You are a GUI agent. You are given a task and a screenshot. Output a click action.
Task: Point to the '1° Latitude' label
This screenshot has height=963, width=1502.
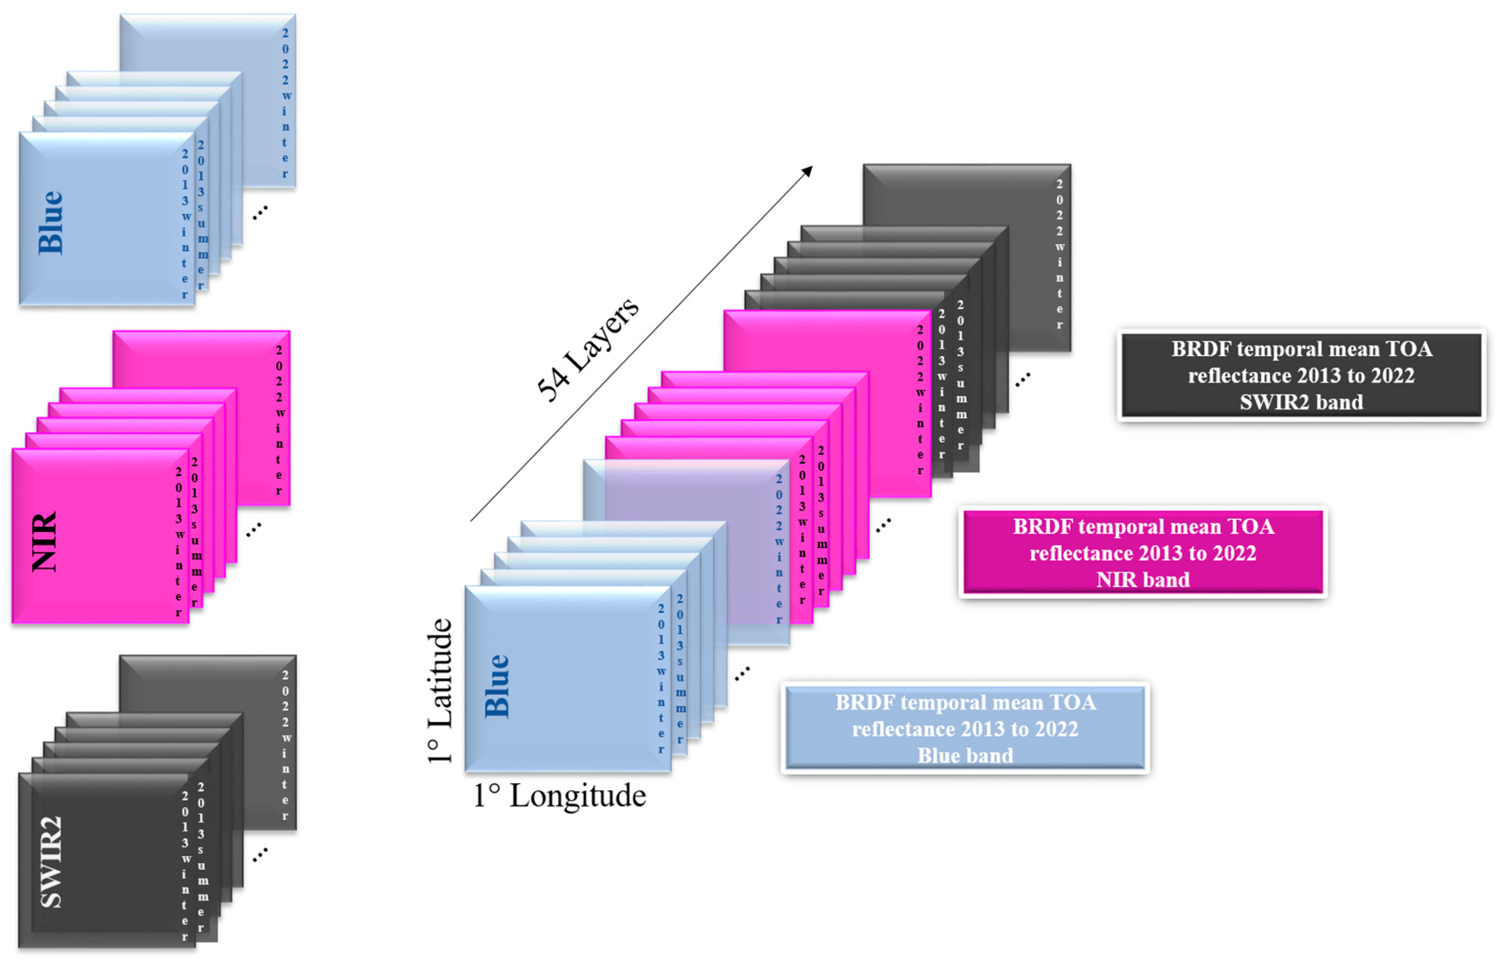pyautogui.click(x=440, y=691)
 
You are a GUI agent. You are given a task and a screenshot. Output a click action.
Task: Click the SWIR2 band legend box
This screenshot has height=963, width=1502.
pyautogui.click(x=1301, y=375)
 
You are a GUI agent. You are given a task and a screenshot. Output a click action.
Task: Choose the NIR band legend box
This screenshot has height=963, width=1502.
pyautogui.click(x=1142, y=553)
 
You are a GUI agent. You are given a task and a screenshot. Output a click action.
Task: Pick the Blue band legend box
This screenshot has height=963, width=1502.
pyautogui.click(x=965, y=729)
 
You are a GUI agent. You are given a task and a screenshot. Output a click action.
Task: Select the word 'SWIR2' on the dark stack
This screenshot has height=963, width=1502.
pyautogui.click(x=51, y=861)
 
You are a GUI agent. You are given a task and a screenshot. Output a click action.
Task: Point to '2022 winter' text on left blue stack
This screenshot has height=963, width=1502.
pyautogui.click(x=285, y=103)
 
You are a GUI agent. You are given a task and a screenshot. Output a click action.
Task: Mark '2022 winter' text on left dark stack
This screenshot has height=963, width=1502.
pyautogui.click(x=285, y=746)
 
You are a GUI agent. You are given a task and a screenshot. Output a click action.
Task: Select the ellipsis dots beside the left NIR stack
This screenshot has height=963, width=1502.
pyautogui.click(x=253, y=530)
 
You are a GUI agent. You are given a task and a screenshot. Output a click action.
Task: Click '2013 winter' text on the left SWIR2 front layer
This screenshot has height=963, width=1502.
pyautogui.click(x=185, y=866)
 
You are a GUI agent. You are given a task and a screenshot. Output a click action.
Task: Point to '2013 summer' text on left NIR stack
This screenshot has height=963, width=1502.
pyautogui.click(x=196, y=532)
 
